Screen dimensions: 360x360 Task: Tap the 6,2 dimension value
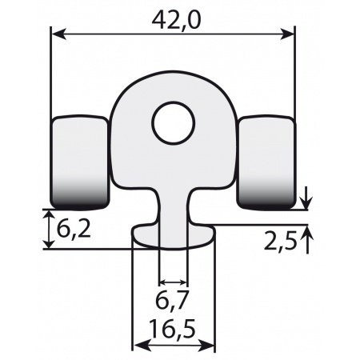pos(73,231)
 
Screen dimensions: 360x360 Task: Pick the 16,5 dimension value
pos(174,330)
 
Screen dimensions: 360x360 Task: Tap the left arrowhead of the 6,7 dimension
pos(163,282)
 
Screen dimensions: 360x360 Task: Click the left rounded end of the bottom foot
pos(138,235)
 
